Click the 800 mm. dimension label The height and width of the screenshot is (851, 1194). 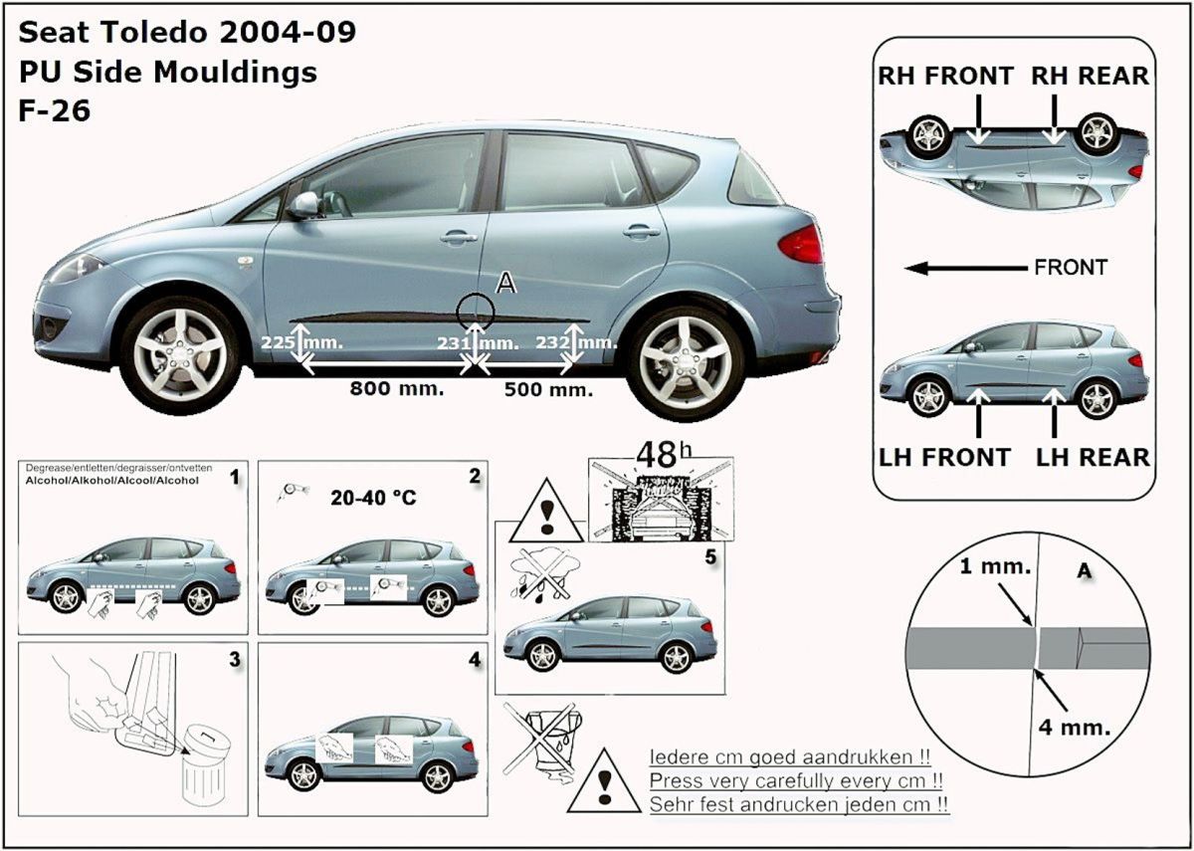(397, 388)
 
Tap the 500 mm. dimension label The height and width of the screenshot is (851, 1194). (548, 389)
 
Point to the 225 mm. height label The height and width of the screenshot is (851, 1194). (301, 341)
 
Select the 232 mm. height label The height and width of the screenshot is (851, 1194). (576, 341)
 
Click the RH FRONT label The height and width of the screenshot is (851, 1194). (945, 76)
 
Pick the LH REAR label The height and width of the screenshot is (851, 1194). (1093, 457)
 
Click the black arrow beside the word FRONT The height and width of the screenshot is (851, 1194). (966, 268)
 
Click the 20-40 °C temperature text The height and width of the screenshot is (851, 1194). (373, 498)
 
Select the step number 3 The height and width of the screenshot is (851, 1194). (235, 660)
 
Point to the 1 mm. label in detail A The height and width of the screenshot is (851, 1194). (995, 565)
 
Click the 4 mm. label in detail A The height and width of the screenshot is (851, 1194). (1074, 728)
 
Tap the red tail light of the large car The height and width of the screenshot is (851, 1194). (801, 244)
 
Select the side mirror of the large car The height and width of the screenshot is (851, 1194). (303, 205)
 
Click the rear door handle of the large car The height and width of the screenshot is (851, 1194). (641, 231)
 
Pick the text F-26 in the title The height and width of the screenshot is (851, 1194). (55, 110)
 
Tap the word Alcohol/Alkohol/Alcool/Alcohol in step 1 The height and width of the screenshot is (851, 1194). (111, 481)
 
